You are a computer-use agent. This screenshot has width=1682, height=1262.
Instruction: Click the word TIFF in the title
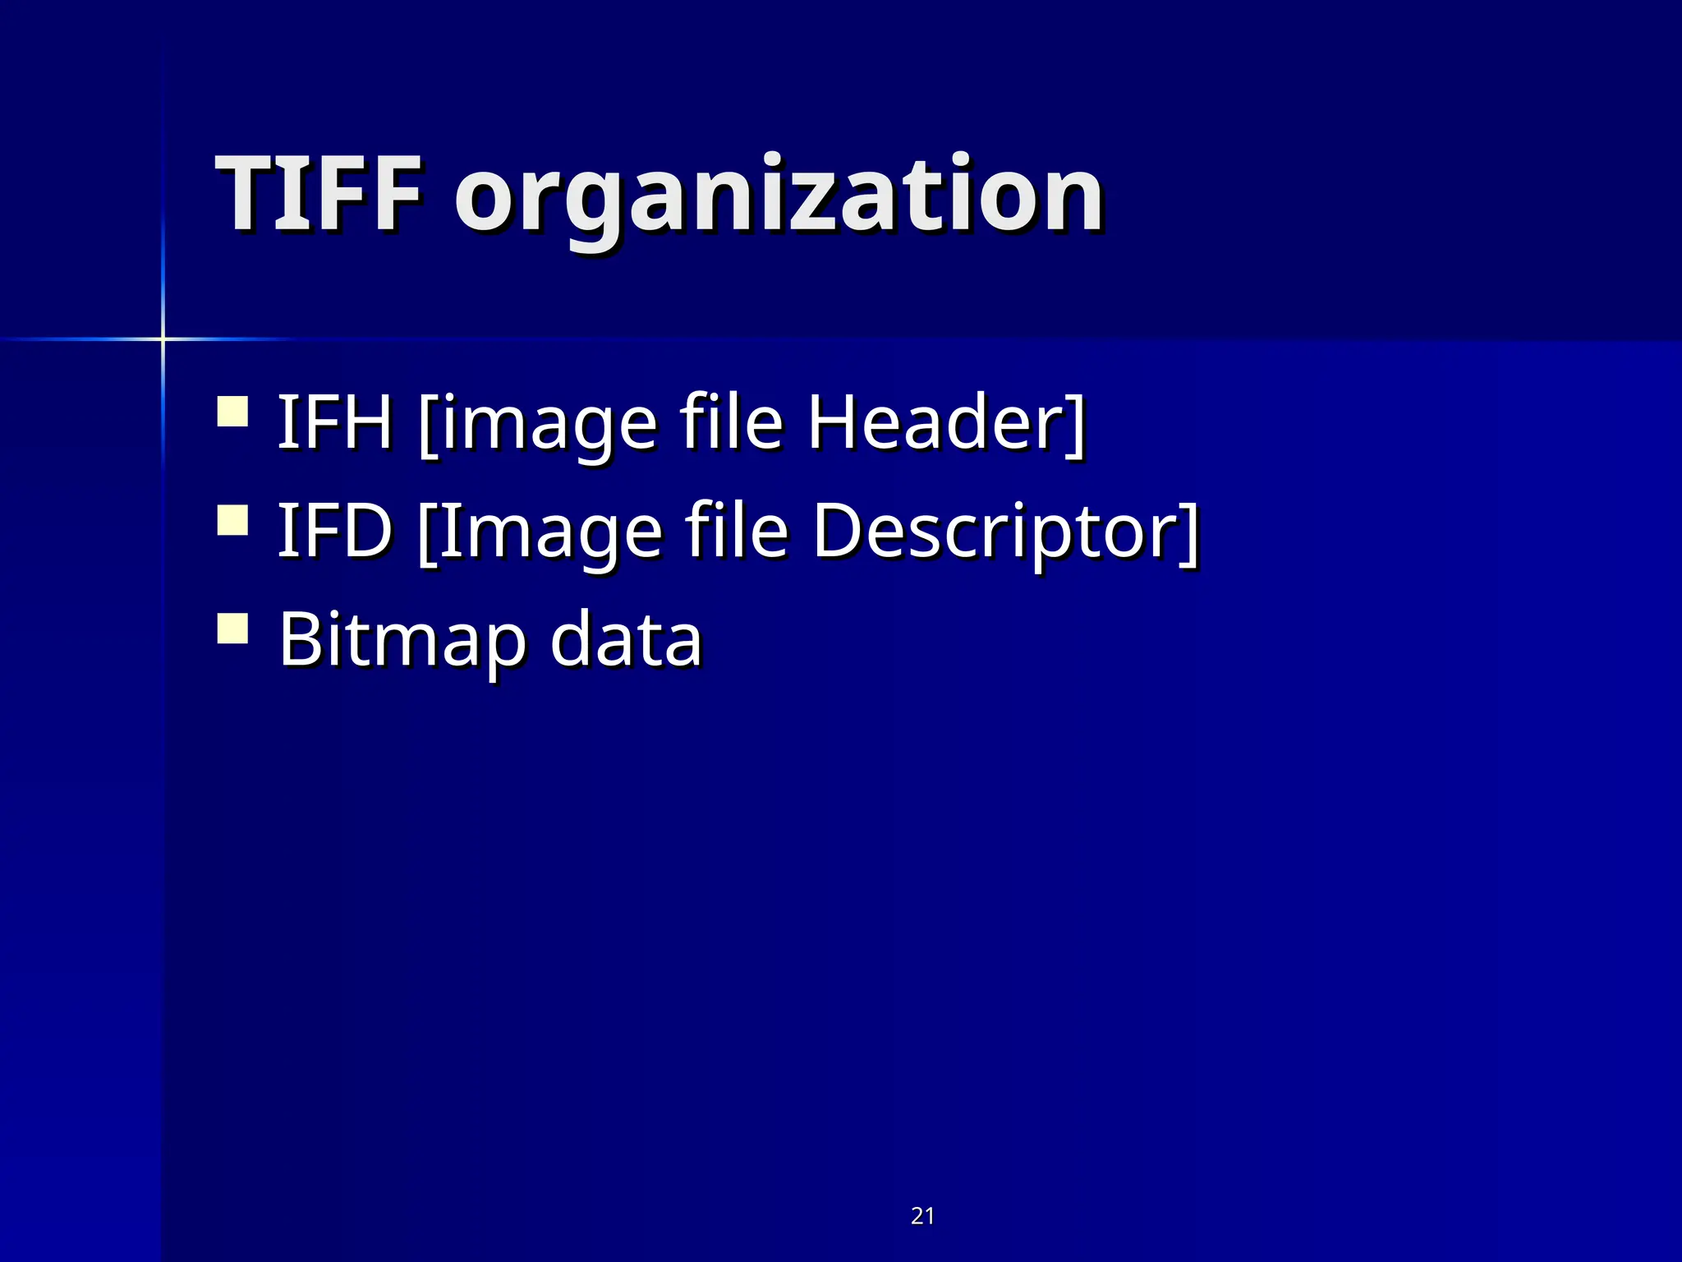[319, 195]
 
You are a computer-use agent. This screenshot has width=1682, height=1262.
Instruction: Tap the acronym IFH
[334, 422]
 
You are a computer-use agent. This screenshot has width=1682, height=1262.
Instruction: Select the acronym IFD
[334, 531]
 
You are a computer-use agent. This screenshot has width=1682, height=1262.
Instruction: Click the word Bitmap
[402, 640]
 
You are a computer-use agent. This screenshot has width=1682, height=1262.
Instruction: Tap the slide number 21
[922, 1215]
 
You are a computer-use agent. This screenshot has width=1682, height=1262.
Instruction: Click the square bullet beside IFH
[233, 412]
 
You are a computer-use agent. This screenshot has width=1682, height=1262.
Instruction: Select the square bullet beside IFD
[233, 521]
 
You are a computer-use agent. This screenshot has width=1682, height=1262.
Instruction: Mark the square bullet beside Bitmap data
[233, 629]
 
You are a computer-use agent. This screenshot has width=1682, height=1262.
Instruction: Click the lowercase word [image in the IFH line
[538, 424]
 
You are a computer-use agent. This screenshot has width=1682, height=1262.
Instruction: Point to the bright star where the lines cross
[163, 338]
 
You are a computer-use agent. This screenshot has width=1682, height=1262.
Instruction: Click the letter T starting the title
[244, 195]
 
